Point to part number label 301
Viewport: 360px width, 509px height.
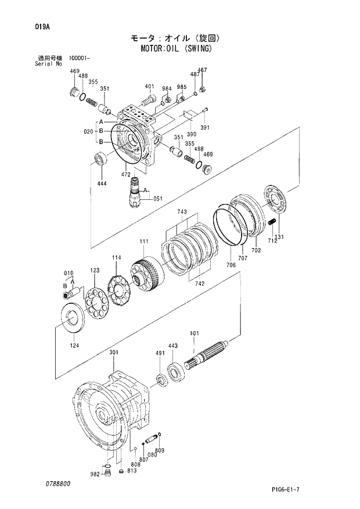coord(114,353)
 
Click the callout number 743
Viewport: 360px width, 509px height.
coord(182,212)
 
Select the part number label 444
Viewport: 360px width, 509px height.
coord(102,183)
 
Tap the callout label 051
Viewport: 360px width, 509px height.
coord(157,199)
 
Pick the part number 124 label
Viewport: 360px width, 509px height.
coord(74,345)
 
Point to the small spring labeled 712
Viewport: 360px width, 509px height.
coord(271,222)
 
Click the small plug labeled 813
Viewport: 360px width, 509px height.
coord(121,471)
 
